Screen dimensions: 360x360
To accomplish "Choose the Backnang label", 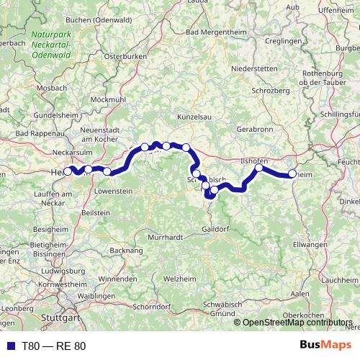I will [127, 249].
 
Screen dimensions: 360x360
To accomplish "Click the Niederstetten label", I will [254, 71].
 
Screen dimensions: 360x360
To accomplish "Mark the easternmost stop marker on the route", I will [292, 174].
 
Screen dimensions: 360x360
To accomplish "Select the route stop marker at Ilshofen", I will [258, 168].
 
